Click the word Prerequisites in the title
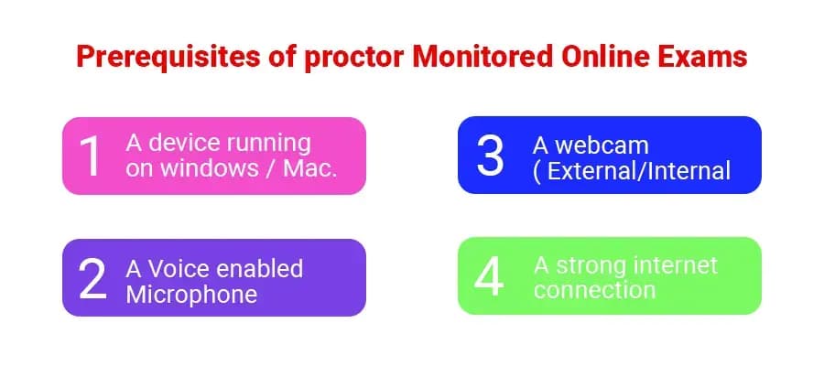coord(168,57)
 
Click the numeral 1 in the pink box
coord(91,156)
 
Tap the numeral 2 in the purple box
coord(92,280)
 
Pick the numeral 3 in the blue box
coord(490,156)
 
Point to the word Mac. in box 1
coord(310,169)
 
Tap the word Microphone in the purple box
coord(191,295)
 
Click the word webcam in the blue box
coord(602,146)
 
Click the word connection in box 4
coord(594,290)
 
